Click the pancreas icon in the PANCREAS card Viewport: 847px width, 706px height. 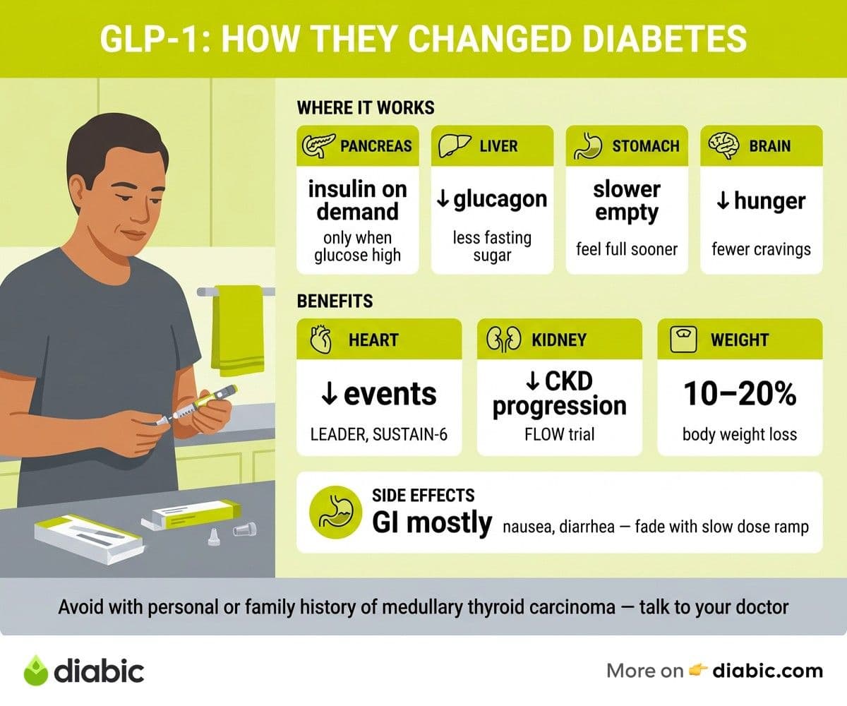coord(318,145)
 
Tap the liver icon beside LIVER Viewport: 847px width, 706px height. coord(455,145)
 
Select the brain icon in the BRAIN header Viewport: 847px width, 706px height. coord(723,145)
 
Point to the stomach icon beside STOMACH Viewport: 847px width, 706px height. coord(588,145)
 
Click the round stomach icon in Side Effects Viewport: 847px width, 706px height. coord(335,512)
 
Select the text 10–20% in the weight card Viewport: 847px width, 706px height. coord(740,393)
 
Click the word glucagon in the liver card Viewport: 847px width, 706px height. coord(500,200)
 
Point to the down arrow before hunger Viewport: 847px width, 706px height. coord(723,201)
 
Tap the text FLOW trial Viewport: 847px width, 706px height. coord(560,434)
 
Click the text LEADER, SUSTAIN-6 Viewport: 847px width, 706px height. coord(379,435)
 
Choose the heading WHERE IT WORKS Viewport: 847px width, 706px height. coord(366,108)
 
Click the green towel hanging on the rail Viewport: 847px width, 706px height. coord(237,330)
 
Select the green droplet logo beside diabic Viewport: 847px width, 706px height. coord(36,670)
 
